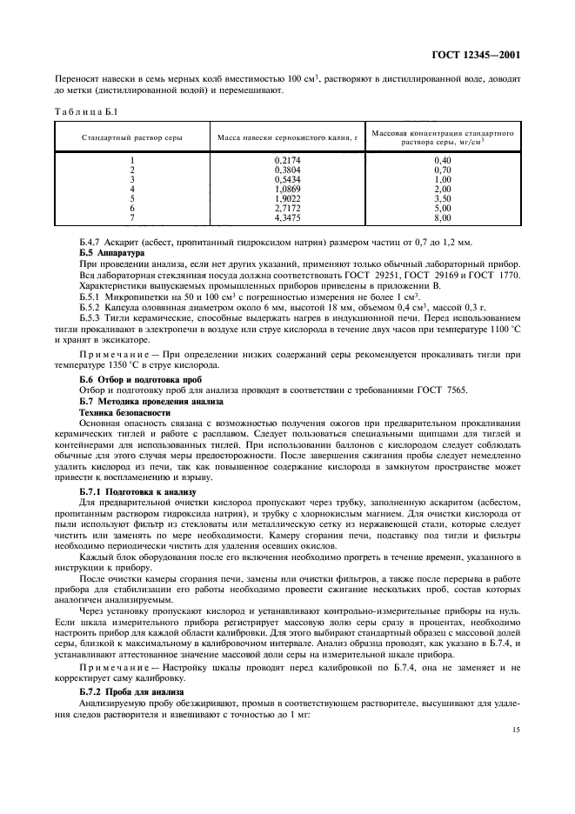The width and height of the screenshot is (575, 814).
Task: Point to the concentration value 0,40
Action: point(442,160)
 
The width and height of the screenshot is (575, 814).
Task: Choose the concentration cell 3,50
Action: point(442,197)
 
